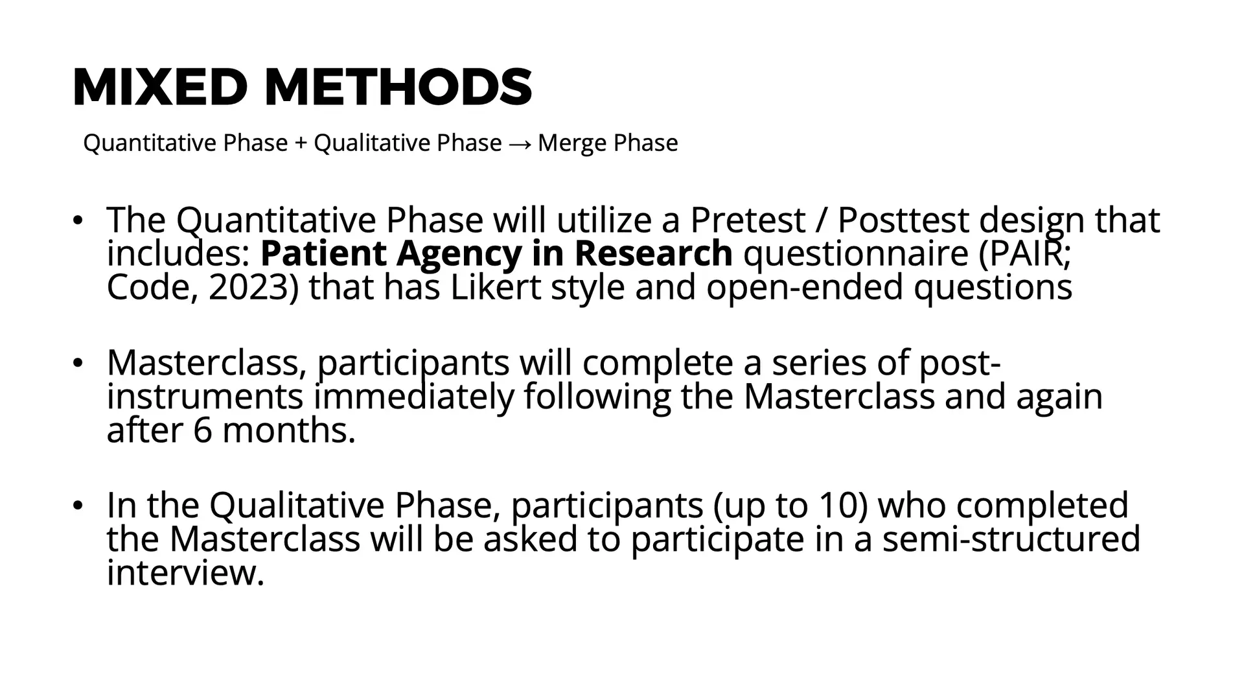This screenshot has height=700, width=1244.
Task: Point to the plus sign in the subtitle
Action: pos(301,143)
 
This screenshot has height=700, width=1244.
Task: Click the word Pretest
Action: pos(747,220)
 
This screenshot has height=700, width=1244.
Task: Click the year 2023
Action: pos(249,287)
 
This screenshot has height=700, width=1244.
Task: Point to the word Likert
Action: pos(495,286)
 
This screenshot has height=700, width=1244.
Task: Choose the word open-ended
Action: pos(805,287)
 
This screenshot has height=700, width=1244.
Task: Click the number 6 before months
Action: pos(202,430)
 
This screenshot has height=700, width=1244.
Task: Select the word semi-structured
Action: pos(1011,539)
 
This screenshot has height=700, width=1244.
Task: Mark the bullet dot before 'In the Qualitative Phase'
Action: pos(78,505)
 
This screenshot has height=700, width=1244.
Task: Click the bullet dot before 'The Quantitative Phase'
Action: pos(78,220)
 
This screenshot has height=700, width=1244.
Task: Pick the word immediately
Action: pos(413,397)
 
